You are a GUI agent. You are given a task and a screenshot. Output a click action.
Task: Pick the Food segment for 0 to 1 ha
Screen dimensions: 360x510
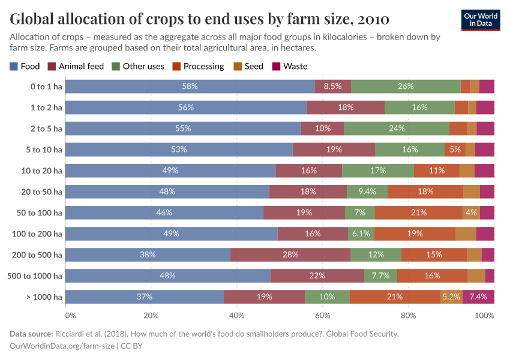pos(190,86)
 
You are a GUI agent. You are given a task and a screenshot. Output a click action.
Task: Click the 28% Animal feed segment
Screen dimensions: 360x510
pos(290,254)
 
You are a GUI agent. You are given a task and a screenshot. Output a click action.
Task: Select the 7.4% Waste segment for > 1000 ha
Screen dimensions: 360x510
pos(478,296)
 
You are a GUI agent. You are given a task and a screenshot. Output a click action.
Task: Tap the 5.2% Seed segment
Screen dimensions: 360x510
pos(451,296)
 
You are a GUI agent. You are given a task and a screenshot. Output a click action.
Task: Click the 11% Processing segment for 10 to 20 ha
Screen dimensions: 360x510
pos(436,170)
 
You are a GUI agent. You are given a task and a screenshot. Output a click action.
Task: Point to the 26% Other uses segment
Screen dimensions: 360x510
pos(406,86)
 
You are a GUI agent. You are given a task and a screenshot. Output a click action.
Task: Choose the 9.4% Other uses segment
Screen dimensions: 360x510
pos(367,191)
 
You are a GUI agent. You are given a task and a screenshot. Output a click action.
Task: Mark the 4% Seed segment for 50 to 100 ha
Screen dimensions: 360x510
pos(471,212)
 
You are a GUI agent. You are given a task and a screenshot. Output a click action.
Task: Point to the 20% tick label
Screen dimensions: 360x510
pos(151,316)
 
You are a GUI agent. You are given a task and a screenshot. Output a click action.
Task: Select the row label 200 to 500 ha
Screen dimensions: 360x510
pos(37,254)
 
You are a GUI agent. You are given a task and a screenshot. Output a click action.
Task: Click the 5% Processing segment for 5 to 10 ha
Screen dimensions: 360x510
pos(455,149)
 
